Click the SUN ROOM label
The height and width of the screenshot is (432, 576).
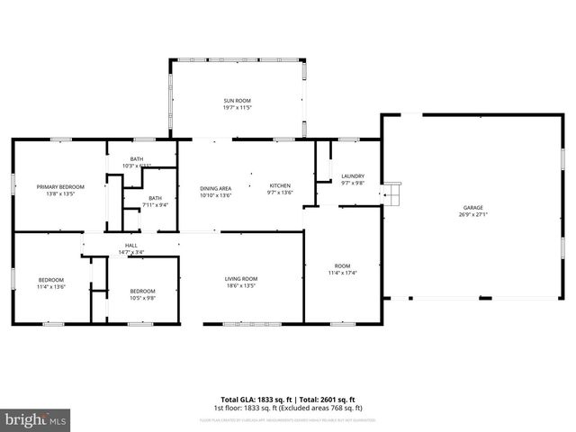[x=238, y=101]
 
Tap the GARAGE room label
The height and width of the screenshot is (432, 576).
[x=472, y=207]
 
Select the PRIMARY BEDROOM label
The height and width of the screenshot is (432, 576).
[x=55, y=186]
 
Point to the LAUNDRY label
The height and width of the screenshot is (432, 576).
[x=353, y=175]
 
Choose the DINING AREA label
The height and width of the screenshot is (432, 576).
[x=216, y=186]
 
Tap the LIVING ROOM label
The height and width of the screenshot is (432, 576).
[x=241, y=278]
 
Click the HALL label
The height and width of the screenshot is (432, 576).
[x=131, y=244]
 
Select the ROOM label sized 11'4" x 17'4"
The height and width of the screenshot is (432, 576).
[x=342, y=265]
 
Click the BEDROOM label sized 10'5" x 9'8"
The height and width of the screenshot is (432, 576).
[x=142, y=291]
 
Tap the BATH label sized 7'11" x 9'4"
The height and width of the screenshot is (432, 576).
[x=156, y=198]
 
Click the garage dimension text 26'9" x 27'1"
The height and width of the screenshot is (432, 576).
[x=472, y=215]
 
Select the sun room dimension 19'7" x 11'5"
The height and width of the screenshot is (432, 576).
[x=238, y=108]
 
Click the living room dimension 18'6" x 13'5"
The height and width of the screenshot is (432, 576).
[x=241, y=286]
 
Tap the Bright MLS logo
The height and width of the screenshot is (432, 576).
[x=36, y=419]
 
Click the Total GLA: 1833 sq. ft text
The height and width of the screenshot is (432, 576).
[x=251, y=399]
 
